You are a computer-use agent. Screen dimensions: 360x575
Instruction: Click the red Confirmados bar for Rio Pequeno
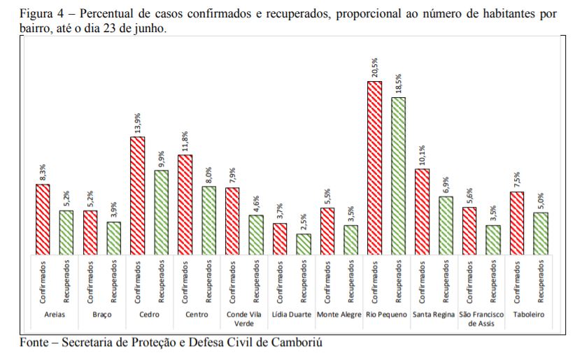click(x=375, y=168)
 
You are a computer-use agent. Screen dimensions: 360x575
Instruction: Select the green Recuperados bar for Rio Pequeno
click(x=398, y=175)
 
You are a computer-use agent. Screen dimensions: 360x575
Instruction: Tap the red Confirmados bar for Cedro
click(x=138, y=196)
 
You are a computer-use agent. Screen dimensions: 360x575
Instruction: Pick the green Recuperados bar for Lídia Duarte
click(x=304, y=244)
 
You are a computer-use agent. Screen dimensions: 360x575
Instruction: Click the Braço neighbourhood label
click(x=102, y=315)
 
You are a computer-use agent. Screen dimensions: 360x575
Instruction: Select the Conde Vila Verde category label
click(x=244, y=319)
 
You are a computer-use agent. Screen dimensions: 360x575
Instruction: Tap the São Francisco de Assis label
click(x=481, y=319)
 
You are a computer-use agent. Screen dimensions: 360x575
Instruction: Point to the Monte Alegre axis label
click(x=339, y=315)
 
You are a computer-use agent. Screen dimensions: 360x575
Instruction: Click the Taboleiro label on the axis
click(x=529, y=315)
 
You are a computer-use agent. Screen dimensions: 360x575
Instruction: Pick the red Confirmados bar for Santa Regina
click(x=422, y=212)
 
